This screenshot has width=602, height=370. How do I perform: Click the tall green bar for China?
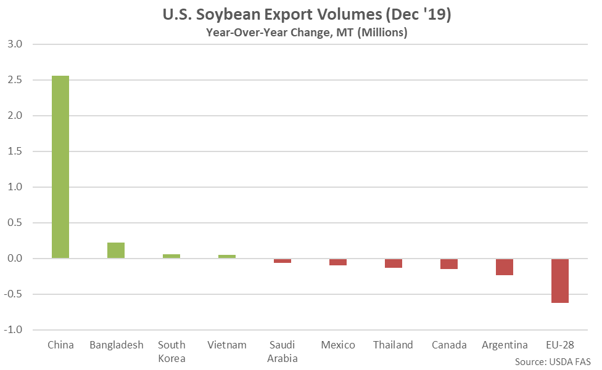pyautogui.click(x=60, y=167)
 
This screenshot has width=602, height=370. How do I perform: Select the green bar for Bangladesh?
pyautogui.click(x=116, y=251)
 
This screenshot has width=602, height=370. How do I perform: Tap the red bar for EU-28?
pyautogui.click(x=560, y=281)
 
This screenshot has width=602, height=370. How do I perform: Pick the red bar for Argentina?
pyautogui.click(x=505, y=267)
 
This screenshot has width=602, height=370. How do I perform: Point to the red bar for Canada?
pyautogui.click(x=449, y=264)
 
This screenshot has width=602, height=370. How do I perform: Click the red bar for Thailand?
pyautogui.click(x=394, y=263)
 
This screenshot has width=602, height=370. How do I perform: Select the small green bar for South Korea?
pyautogui.click(x=171, y=256)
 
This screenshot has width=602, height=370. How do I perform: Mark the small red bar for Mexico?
pyautogui.click(x=338, y=262)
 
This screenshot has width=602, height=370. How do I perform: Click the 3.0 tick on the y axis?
pyautogui.click(x=15, y=44)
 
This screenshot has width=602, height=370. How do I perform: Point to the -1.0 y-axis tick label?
pyautogui.click(x=14, y=330)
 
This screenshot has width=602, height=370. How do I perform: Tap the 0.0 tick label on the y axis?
pyautogui.click(x=15, y=259)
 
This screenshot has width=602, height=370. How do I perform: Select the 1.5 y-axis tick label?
pyautogui.click(x=15, y=151)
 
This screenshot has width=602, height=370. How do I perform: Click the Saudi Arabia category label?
pyautogui.click(x=282, y=352)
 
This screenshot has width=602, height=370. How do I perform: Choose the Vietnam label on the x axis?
pyautogui.click(x=227, y=345)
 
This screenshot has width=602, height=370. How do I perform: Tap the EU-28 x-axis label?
pyautogui.click(x=560, y=345)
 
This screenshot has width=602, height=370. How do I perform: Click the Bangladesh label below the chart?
pyautogui.click(x=116, y=345)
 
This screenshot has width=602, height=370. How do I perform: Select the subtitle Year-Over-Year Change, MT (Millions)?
pyautogui.click(x=306, y=33)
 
